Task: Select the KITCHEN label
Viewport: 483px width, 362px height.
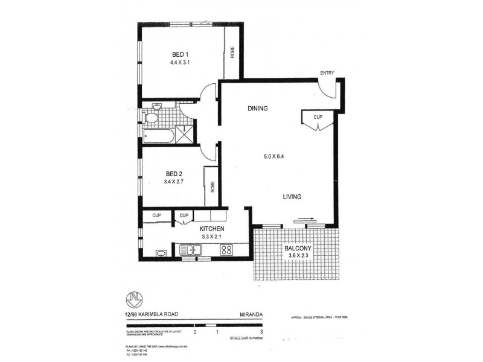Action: coord(213,229)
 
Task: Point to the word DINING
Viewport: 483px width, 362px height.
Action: coord(257,109)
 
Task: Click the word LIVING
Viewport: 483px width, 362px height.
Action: coord(293,197)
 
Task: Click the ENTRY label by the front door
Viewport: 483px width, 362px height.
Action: coord(327,74)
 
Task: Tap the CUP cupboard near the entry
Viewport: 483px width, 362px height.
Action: coord(317,117)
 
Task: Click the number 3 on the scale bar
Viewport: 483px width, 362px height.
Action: coord(261,332)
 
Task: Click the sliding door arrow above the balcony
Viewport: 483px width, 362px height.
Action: coord(304,221)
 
